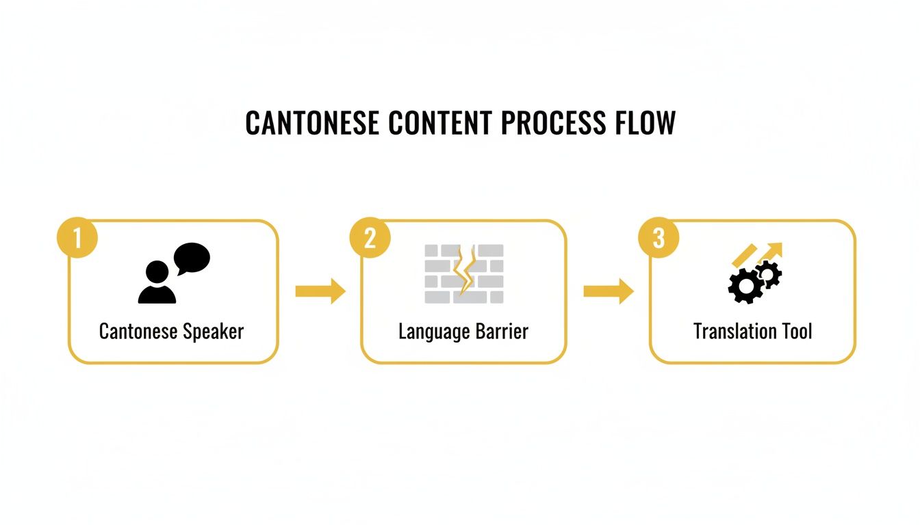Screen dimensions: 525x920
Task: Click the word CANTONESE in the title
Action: (312, 123)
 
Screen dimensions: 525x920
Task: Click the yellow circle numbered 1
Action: (77, 238)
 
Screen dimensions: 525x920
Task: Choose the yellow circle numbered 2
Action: (370, 238)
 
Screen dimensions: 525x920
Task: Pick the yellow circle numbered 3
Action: (659, 238)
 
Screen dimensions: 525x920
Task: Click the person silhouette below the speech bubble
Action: (157, 283)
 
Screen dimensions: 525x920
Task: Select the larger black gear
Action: (745, 286)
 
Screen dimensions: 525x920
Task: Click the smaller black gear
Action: (769, 273)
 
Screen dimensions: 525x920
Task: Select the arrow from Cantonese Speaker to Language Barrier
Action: (320, 291)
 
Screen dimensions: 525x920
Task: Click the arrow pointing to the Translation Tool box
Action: (608, 291)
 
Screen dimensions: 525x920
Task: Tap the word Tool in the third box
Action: (795, 332)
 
